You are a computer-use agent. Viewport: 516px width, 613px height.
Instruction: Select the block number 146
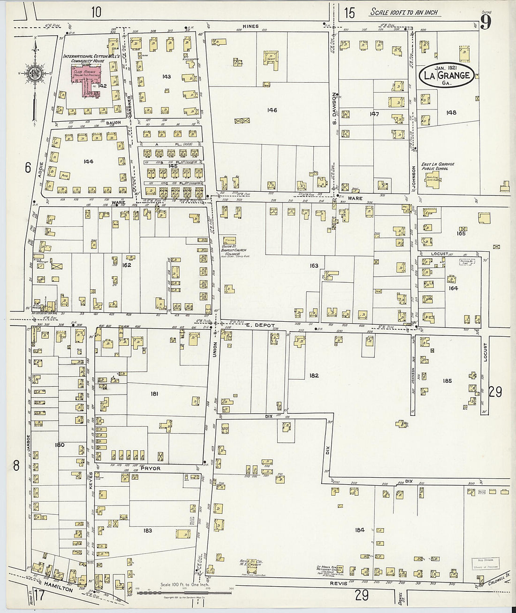pyautogui.click(x=272, y=110)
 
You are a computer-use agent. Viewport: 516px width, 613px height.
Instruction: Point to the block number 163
pyautogui.click(x=314, y=266)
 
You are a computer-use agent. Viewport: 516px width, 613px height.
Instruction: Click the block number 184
pyautogui.click(x=359, y=530)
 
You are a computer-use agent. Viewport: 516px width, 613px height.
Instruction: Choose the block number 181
pyautogui.click(x=154, y=394)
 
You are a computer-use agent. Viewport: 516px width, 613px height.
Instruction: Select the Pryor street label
pyautogui.click(x=150, y=468)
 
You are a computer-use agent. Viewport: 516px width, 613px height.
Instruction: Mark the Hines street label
pyautogui.click(x=250, y=26)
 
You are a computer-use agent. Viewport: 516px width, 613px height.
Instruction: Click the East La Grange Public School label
pyautogui.click(x=437, y=166)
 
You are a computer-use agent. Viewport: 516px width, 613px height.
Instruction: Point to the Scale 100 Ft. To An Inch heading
pyautogui.click(x=404, y=12)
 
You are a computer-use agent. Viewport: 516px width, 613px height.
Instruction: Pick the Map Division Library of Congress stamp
pyautogui.click(x=485, y=563)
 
